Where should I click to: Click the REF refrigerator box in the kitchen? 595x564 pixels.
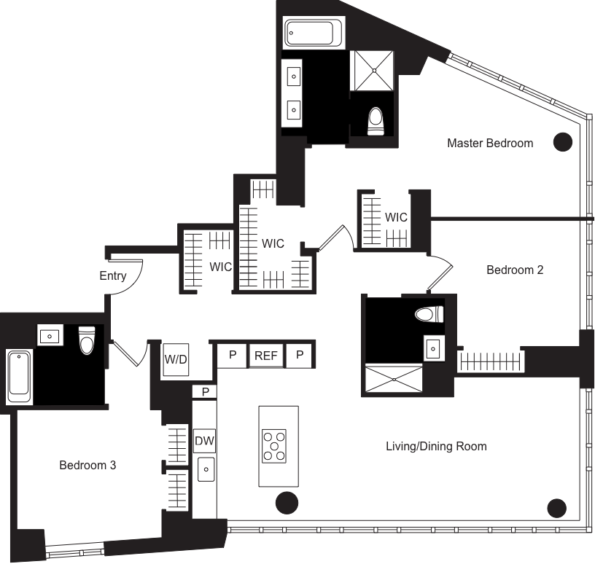point(266,356)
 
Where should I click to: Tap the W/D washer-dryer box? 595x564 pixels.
point(176,359)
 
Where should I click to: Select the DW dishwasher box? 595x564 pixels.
point(203,440)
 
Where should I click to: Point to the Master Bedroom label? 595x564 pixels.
point(490,143)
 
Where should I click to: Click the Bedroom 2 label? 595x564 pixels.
point(515,270)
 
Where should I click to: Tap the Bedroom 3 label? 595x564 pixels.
point(87,465)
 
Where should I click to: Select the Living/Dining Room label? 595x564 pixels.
point(436,446)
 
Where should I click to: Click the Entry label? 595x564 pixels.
point(113,276)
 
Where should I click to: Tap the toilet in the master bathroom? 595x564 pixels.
point(376,121)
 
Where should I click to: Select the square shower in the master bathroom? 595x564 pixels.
point(374,70)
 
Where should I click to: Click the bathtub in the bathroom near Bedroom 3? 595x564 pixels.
point(18,377)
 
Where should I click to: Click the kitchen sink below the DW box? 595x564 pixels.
point(206,471)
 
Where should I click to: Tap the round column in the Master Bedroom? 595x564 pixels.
point(562,142)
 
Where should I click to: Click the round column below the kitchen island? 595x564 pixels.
point(286,503)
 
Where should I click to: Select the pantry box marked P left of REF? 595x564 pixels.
point(233,356)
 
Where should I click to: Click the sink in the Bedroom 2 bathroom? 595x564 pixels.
point(433,348)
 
